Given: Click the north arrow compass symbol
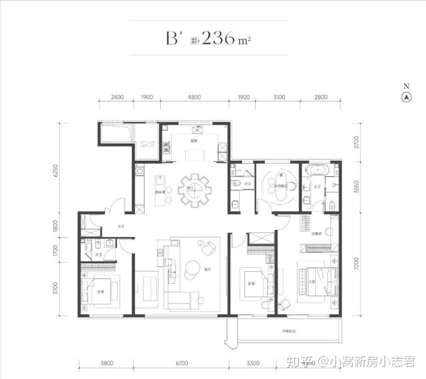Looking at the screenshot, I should pyautogui.click(x=406, y=97).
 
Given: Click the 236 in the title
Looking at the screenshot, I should pyautogui.click(x=218, y=38).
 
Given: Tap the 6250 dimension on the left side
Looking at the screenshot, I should pyautogui.click(x=55, y=171).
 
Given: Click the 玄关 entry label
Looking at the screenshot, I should pyautogui.click(x=121, y=226).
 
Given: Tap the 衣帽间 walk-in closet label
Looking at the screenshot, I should pyautogui.click(x=316, y=234).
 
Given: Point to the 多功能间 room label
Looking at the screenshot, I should pyautogui.click(x=281, y=187).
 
